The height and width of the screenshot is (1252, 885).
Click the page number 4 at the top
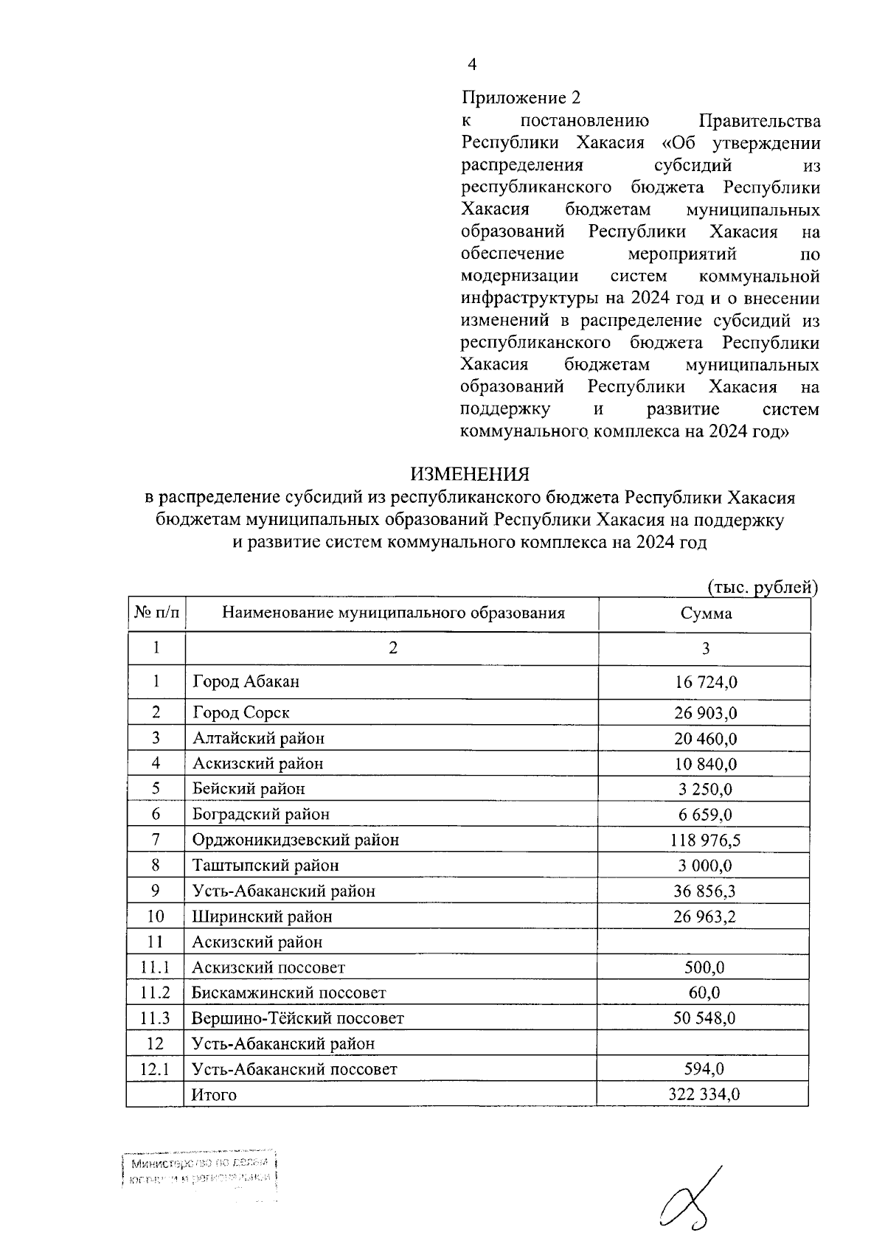pos(472,65)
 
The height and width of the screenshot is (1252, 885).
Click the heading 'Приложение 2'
pos(521,97)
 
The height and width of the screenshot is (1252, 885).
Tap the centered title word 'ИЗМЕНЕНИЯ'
pos(470,474)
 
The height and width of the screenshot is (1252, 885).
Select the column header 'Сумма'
pos(706,613)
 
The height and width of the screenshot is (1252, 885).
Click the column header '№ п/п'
pos(156,613)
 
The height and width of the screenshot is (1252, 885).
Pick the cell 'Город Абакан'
pos(246,681)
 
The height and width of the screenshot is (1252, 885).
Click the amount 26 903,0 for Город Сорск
pos(706,713)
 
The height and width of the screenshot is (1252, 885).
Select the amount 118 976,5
pos(706,840)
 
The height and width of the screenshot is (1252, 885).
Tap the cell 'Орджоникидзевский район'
pos(296,840)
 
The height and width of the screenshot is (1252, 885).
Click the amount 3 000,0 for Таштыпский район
pos(706,866)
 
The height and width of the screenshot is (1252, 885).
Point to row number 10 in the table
pos(156,917)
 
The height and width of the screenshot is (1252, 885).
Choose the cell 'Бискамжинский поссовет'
pos(289,993)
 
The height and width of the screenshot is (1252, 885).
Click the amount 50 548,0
pos(704,1018)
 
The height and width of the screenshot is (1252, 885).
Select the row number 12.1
pos(156,1069)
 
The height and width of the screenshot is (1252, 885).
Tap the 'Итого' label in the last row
pos(215,1095)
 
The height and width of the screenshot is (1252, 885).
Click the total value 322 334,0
pos(704,1095)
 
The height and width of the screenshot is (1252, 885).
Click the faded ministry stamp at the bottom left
pos(201,1172)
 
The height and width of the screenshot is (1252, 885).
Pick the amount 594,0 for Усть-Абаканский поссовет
pos(704,1069)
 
